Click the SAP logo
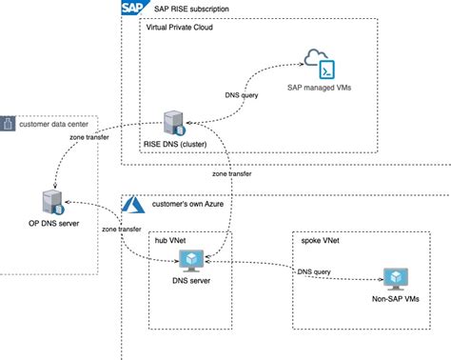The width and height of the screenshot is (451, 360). pos(134,9)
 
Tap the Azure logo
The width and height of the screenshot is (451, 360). pos(133,204)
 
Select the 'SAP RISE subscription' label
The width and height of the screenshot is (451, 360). pos(195,9)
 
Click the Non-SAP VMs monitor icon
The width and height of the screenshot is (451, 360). pos(393,277)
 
